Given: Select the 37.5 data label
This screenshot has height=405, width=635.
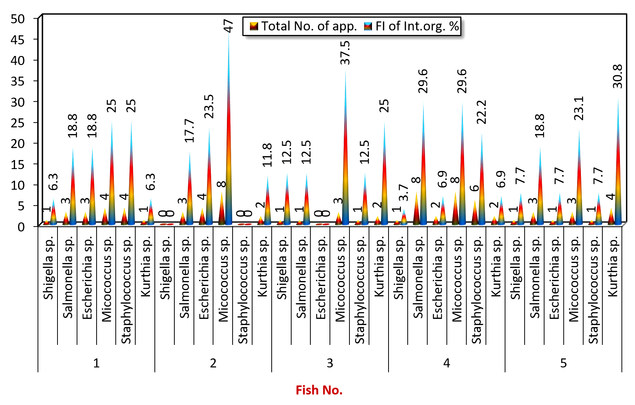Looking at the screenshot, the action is (345, 53).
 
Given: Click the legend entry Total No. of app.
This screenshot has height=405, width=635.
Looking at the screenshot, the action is (303, 26).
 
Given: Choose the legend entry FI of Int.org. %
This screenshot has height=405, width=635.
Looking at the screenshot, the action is (411, 26).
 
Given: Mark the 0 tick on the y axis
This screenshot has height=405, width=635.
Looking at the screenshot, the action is (21, 227).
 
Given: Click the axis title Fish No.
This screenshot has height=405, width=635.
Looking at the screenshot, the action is (319, 390).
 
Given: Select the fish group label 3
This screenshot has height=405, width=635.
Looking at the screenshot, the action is (330, 363).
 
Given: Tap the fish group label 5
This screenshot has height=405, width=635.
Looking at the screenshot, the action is (563, 363).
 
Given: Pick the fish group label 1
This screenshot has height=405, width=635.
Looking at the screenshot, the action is (97, 363).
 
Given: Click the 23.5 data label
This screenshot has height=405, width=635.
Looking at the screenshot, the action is (209, 107).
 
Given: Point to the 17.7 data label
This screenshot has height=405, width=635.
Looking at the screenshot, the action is (190, 131).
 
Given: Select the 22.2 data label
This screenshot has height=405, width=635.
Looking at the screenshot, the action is (482, 112).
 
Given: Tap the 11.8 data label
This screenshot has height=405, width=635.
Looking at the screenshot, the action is (267, 155).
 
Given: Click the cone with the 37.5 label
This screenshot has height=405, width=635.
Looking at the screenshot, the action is (345, 147).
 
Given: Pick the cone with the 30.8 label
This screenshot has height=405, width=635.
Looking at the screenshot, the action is (618, 162).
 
